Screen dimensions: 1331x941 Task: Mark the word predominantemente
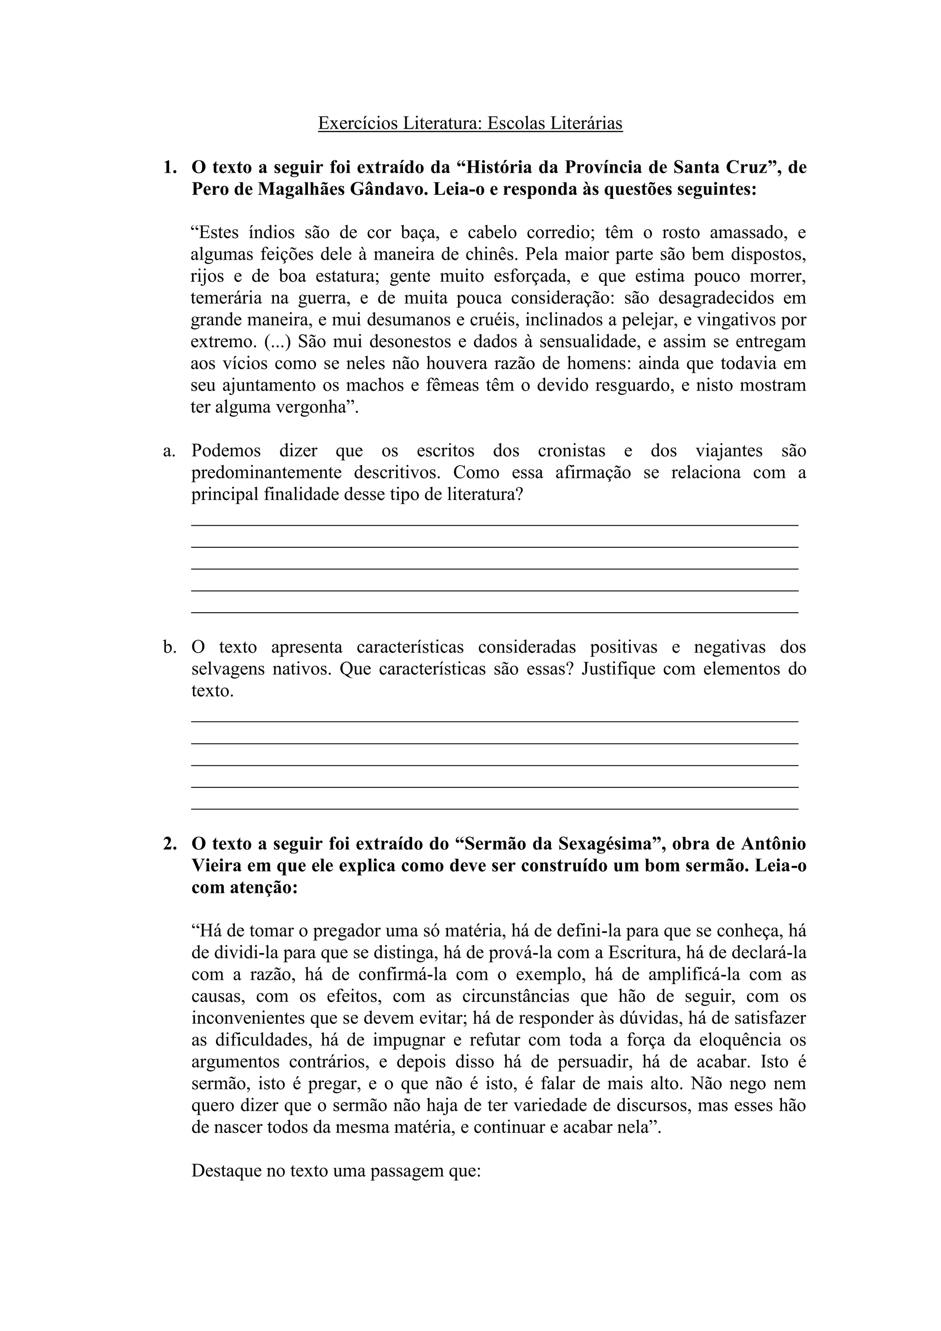(266, 472)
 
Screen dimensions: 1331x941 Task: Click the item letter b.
(169, 647)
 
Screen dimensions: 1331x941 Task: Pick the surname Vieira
(217, 865)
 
